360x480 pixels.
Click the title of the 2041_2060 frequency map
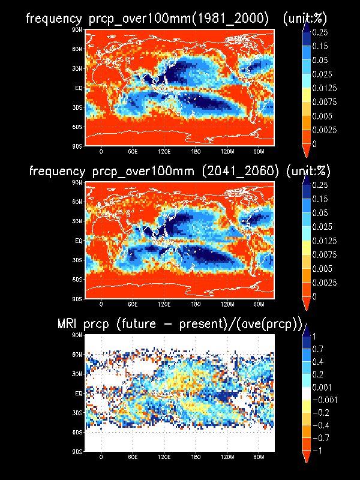180,171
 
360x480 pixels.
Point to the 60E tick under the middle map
132,304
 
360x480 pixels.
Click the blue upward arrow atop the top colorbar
306,26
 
